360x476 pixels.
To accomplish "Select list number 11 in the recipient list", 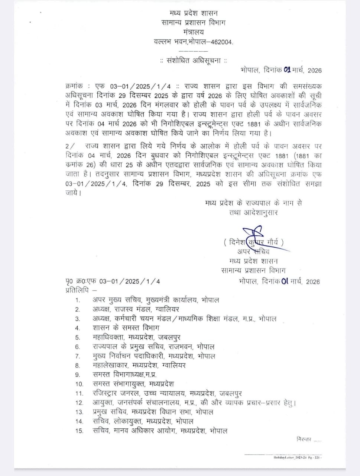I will pyautogui.click(x=79, y=393).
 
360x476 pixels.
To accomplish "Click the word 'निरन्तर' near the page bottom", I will pyautogui.click(x=304, y=439).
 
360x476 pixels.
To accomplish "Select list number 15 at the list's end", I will pyautogui.click(x=79, y=431).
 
